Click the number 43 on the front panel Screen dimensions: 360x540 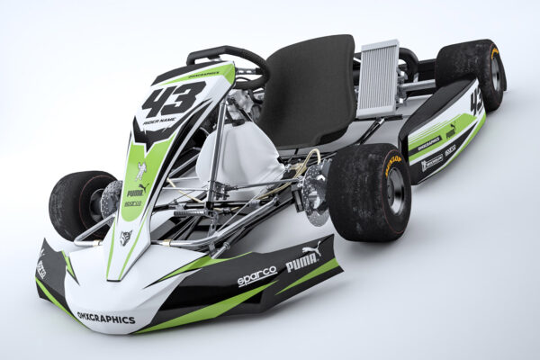pos(173,99)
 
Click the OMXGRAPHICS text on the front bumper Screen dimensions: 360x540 pos(106,318)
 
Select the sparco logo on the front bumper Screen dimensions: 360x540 pos(256,276)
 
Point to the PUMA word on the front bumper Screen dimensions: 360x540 pos(302,262)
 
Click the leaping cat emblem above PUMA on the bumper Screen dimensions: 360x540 pos(311,248)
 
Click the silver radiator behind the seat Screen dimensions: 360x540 pos(378,78)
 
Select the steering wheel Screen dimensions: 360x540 pos(229,63)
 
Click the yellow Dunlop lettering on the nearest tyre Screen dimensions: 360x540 pos(392,165)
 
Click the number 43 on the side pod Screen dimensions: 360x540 pos(475,102)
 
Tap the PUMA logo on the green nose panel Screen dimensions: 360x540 pos(135,192)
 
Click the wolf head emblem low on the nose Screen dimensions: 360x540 pos(126,238)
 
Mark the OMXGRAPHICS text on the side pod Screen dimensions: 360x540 pos(428,143)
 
